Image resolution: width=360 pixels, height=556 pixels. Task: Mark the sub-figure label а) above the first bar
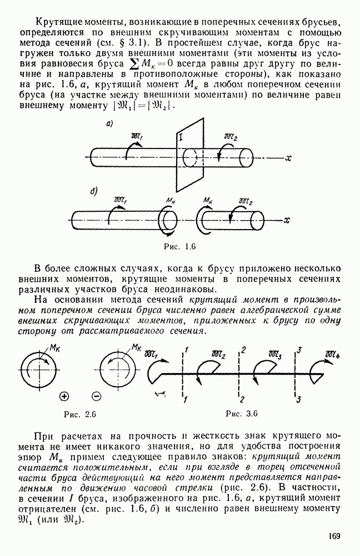109,125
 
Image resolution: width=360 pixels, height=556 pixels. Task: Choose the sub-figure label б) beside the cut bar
93,192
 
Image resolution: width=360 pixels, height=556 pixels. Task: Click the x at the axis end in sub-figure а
288,158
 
